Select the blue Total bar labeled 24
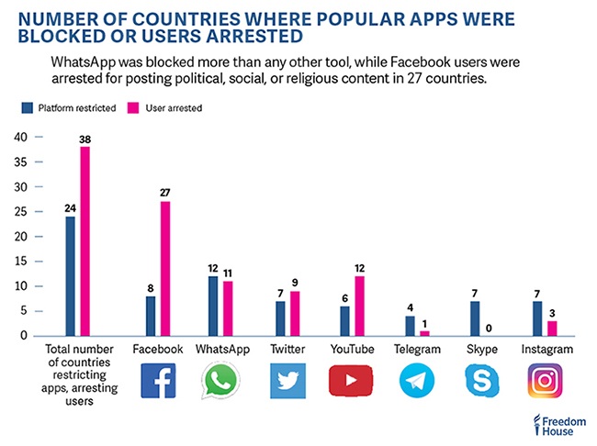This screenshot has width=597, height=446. [x=70, y=276]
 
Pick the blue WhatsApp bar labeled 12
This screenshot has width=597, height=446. [x=212, y=306]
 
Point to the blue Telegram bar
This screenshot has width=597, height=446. [x=410, y=326]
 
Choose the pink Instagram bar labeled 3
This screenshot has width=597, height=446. [x=551, y=329]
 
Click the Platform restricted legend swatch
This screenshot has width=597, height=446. [x=27, y=108]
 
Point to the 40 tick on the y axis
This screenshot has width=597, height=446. [x=21, y=137]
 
